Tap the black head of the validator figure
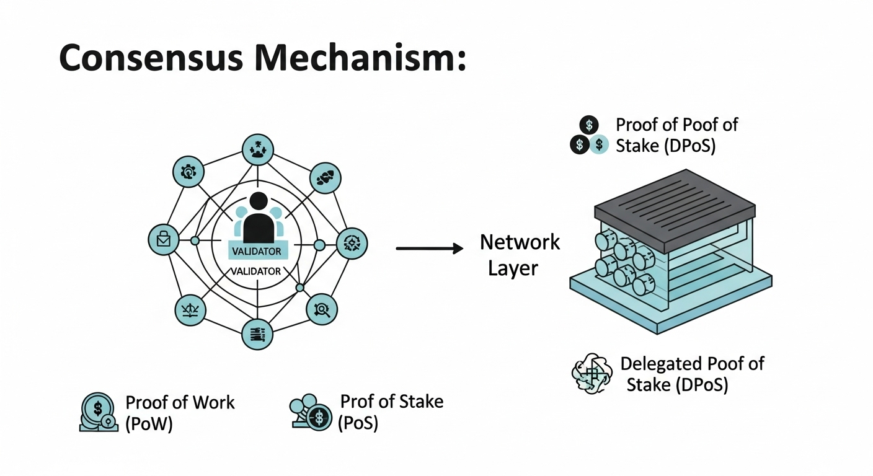coord(258,203)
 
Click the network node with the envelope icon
coord(164,240)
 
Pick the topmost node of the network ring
coord(257,149)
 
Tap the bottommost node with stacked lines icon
coord(257,335)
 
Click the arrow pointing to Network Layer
coord(429,249)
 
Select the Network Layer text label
coord(520,255)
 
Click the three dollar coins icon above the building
coord(588,136)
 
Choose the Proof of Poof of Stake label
coord(676,136)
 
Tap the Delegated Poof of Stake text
coord(691,374)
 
